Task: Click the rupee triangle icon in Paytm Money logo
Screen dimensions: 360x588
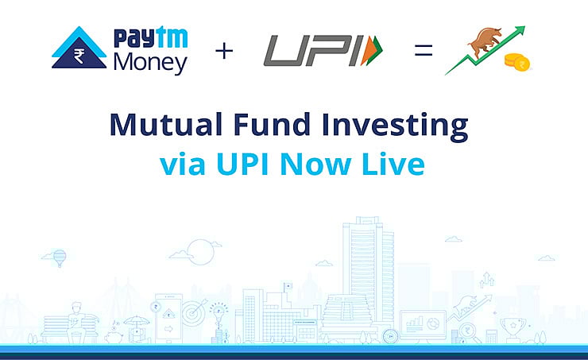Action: [79, 51]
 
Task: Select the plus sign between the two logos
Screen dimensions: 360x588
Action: [224, 52]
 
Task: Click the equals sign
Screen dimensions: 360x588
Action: [422, 51]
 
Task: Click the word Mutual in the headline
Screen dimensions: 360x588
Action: [162, 126]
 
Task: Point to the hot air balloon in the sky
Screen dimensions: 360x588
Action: [60, 257]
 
